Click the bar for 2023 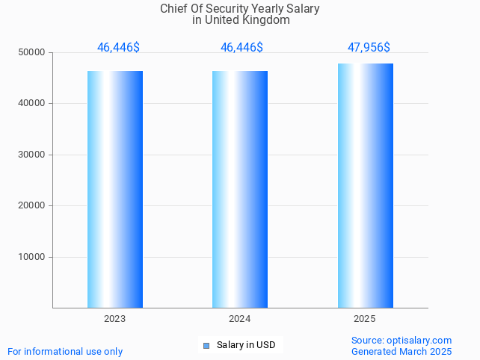click(115, 189)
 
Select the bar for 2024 click(240, 189)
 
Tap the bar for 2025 click(365, 185)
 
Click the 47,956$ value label click(369, 47)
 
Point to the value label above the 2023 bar click(118, 47)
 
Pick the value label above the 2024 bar click(241, 47)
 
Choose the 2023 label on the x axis click(114, 319)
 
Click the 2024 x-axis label click(239, 319)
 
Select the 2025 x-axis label click(364, 319)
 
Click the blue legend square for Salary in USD click(206, 345)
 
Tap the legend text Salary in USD click(246, 345)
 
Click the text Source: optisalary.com click(401, 340)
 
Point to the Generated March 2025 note click(401, 351)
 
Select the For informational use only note click(65, 351)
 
